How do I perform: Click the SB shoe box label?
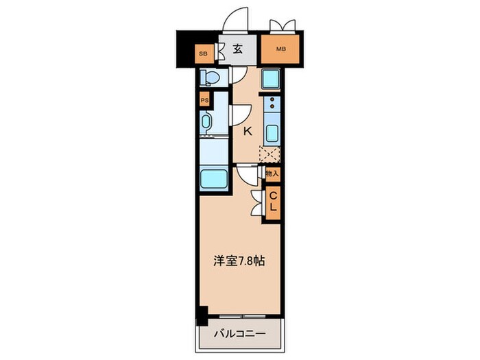[203, 52]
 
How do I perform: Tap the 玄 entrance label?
[237, 49]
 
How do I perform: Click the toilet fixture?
[209, 78]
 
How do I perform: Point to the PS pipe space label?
[204, 100]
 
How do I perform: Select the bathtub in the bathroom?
[213, 181]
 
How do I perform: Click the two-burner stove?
[272, 105]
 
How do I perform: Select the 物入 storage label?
[272, 174]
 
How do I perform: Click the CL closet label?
[273, 201]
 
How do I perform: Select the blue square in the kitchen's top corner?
[269, 79]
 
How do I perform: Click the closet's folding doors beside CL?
[257, 200]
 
